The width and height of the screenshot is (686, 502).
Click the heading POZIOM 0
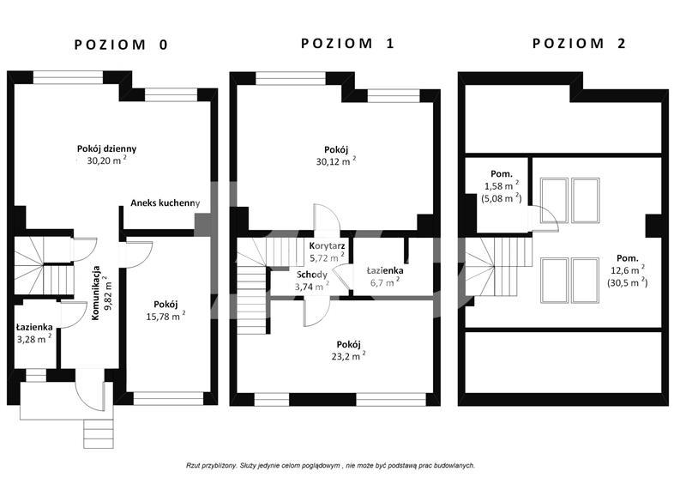[121, 45]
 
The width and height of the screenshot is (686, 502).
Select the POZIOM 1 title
[348, 43]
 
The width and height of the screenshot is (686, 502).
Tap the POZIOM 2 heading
[580, 43]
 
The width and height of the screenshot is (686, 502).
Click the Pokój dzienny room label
[106, 149]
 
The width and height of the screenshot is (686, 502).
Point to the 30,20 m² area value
[106, 160]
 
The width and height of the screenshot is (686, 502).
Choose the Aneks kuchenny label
[165, 203]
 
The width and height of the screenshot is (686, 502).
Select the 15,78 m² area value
[165, 316]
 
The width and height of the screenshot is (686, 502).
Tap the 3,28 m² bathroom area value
[34, 338]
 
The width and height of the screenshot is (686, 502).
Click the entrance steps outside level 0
[99, 433]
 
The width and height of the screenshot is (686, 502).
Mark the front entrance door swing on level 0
[90, 390]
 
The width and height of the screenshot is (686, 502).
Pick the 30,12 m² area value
[336, 161]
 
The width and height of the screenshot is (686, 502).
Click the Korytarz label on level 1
[327, 246]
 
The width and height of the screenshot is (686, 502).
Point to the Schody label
[312, 275]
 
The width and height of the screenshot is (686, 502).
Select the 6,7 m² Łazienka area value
[385, 282]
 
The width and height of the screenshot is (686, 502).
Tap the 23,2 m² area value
[349, 356]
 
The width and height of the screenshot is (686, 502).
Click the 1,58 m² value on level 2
[502, 186]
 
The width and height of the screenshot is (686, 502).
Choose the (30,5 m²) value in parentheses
[628, 282]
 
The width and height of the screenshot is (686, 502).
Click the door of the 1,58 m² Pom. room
[544, 218]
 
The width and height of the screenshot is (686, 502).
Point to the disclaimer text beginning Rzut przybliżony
[331, 466]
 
